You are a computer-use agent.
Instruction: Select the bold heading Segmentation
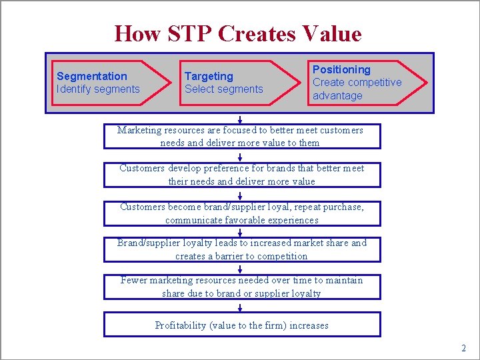[92, 76]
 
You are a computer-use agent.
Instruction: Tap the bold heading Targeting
[209, 76]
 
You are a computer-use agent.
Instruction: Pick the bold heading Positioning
[341, 69]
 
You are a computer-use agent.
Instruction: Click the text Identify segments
[98, 89]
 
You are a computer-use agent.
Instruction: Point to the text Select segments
[223, 89]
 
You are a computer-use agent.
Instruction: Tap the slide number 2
[463, 348]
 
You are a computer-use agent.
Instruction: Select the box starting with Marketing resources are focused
[241, 136]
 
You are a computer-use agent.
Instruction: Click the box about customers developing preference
[241, 175]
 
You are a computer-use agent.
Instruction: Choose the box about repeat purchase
[241, 213]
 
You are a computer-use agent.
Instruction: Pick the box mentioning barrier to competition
[241, 249]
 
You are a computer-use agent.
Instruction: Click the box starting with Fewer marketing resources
[241, 287]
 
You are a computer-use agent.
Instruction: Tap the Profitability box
[241, 325]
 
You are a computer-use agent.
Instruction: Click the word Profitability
[181, 325]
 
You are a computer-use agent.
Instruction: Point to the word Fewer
[133, 280]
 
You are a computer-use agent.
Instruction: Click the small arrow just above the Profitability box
[240, 307]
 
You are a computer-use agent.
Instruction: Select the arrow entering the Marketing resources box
[240, 119]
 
